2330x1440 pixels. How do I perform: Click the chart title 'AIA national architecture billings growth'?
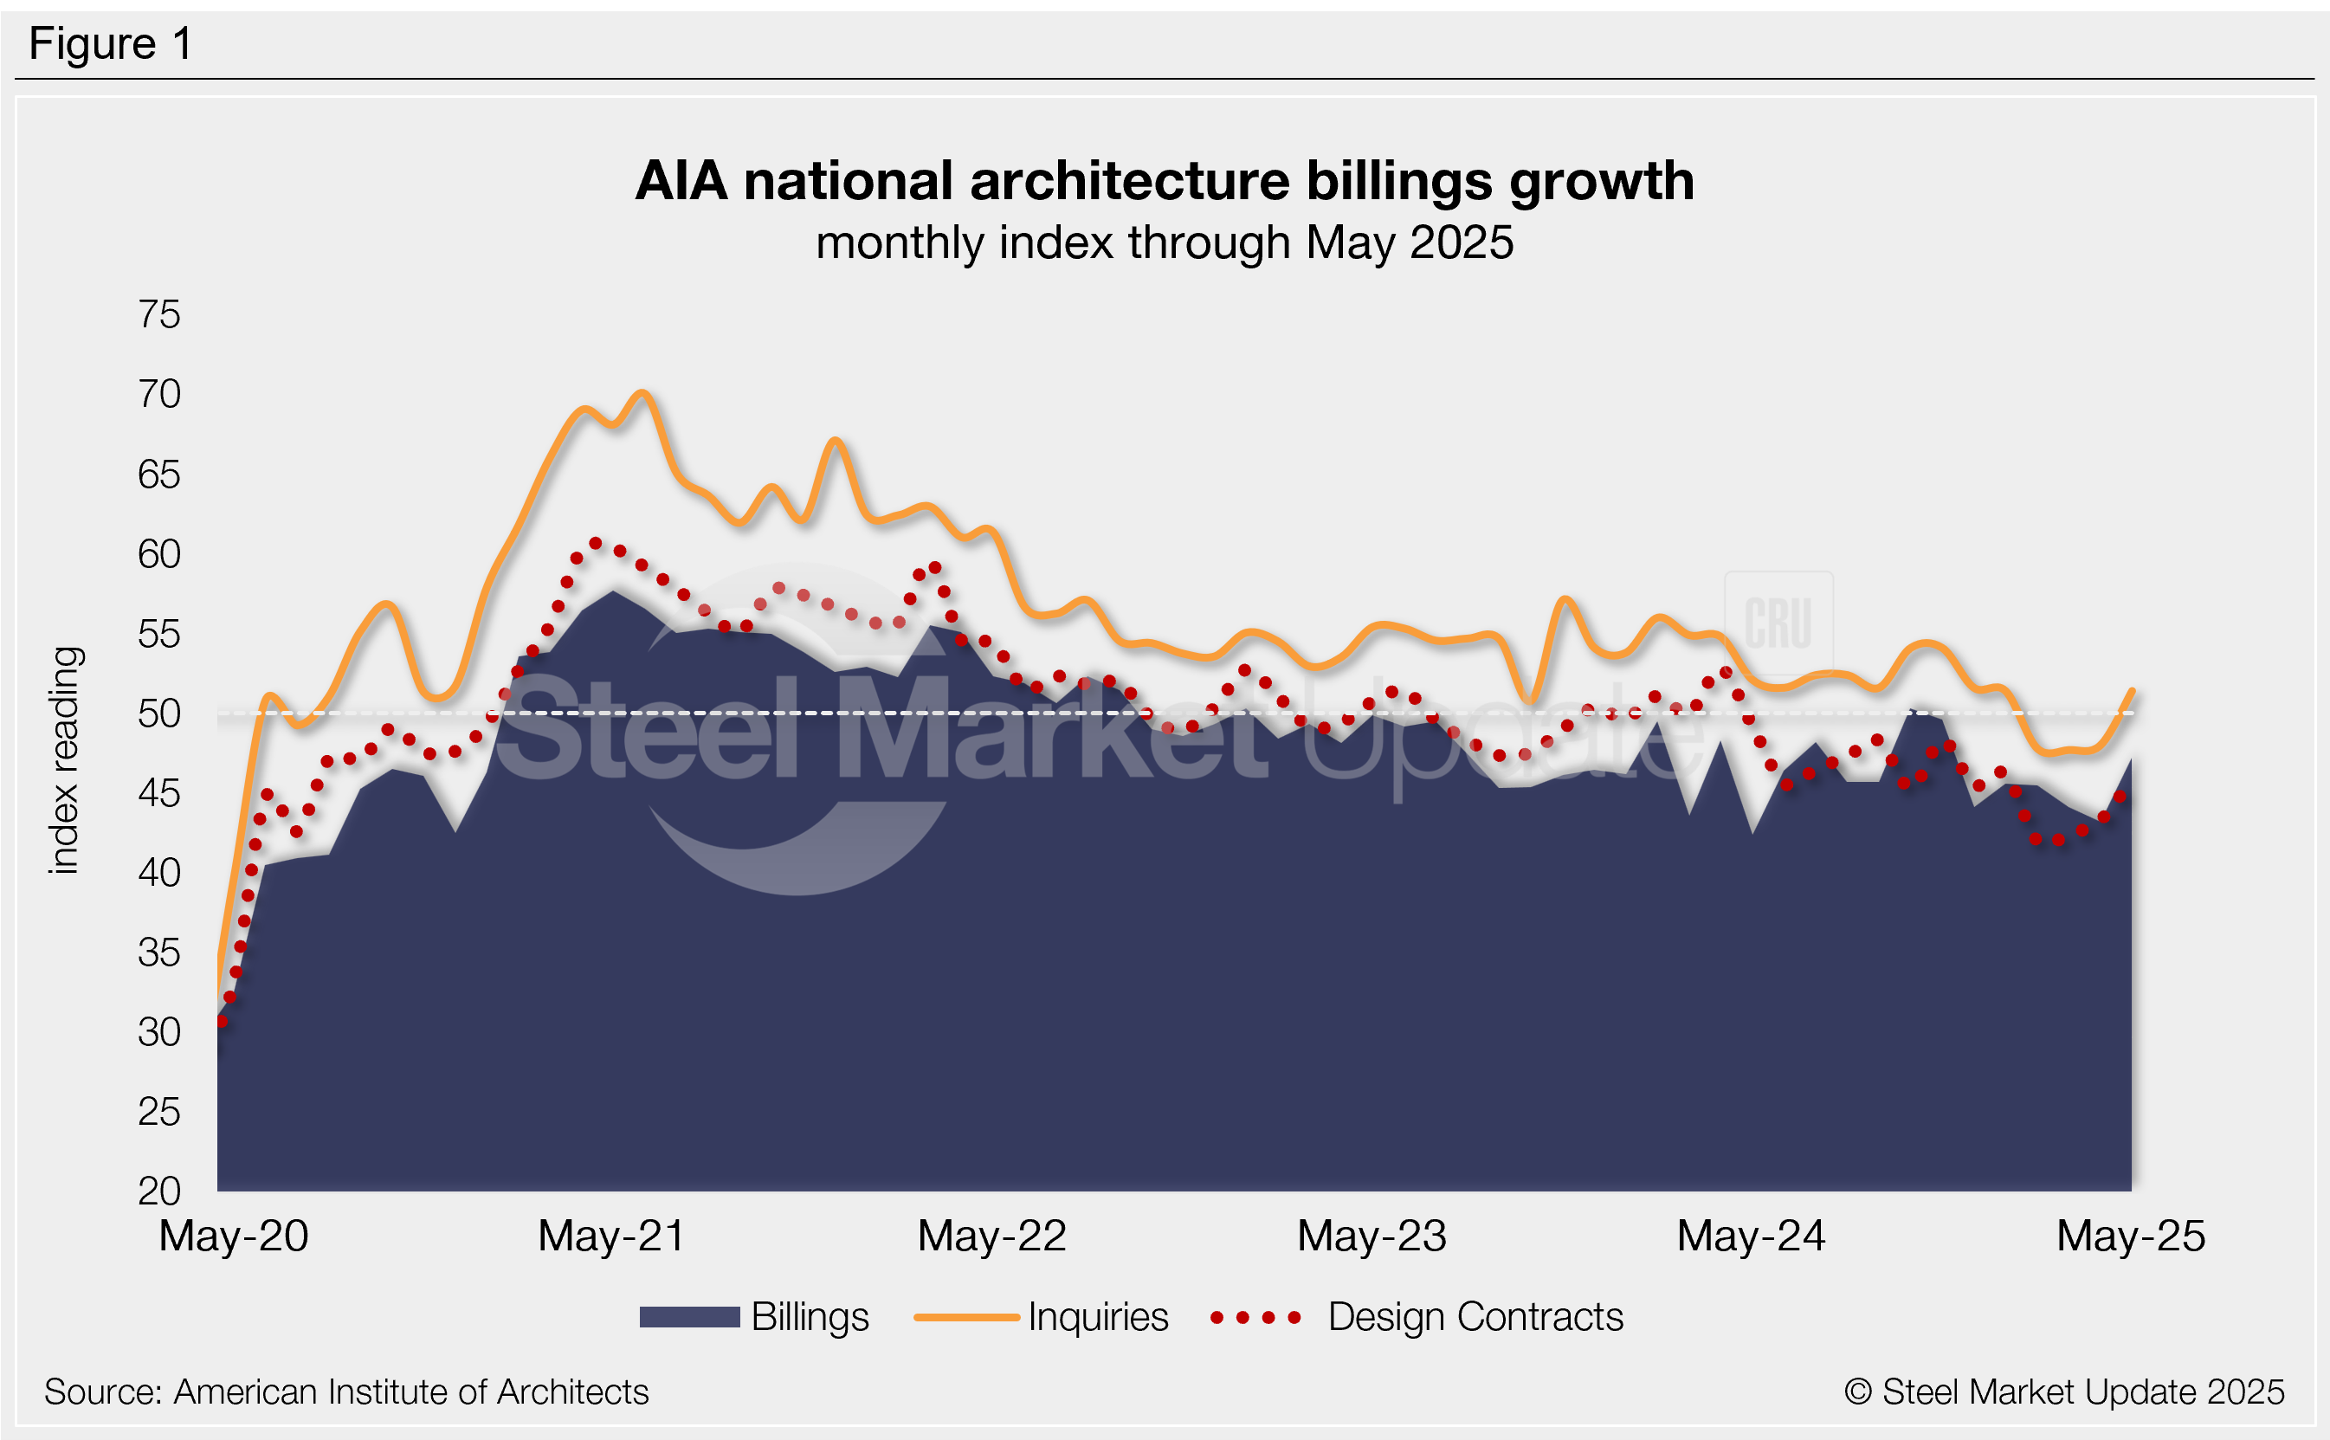coord(1164,181)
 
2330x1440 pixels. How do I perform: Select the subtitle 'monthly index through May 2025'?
coord(1164,242)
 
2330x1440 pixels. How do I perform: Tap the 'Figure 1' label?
coord(111,44)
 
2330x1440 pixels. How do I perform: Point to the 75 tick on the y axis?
coord(159,315)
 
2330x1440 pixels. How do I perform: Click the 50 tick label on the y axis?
coord(159,714)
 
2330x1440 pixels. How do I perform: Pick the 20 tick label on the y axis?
coord(159,1191)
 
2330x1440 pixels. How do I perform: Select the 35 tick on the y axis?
coord(159,952)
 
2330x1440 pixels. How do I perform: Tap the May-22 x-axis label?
coord(991,1237)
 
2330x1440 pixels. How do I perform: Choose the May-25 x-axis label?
coord(2130,1237)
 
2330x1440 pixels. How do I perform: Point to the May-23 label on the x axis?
coord(1372,1237)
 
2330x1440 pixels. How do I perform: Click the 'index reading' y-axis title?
coord(65,760)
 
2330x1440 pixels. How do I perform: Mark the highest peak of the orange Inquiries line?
coord(642,392)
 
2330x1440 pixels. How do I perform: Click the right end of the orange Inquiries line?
coord(2131,690)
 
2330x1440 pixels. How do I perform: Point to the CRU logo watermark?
coord(1778,623)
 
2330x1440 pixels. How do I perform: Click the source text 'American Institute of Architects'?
coord(410,1392)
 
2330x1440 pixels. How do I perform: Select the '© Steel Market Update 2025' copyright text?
coord(2063,1392)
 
